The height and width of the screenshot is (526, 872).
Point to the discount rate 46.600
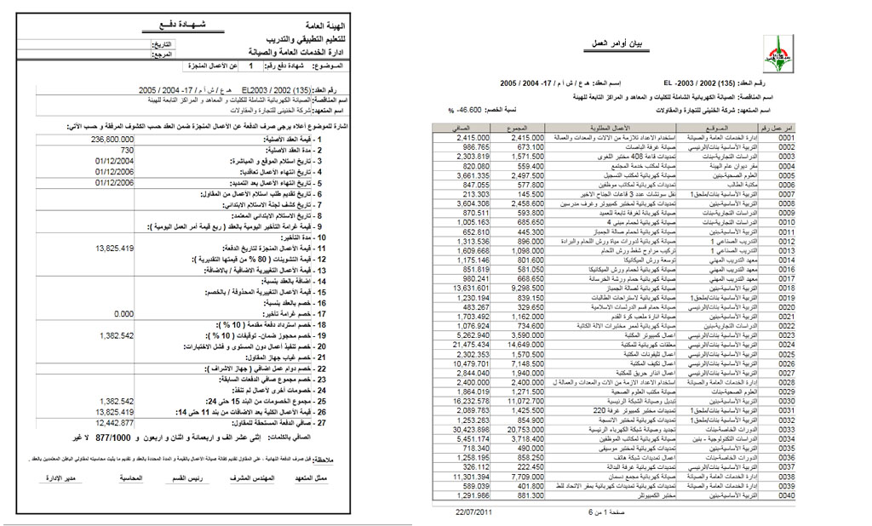tap(468, 111)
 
